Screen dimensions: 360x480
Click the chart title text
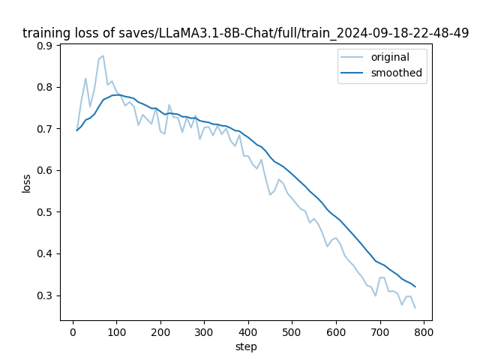point(246,33)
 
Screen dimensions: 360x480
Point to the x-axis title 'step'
point(246,346)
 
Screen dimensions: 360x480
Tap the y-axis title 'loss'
point(26,182)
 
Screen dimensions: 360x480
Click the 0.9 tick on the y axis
point(46,46)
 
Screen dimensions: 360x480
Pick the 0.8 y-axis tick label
point(46,87)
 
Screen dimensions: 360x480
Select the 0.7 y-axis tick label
point(46,129)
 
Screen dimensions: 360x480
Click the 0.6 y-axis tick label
point(46,170)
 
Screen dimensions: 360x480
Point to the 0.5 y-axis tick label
point(46,212)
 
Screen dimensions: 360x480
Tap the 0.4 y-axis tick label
point(46,253)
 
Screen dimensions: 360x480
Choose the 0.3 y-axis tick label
point(46,295)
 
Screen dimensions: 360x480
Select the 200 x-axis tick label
point(160,331)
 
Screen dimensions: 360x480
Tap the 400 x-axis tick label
point(248,331)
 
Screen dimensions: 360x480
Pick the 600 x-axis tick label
point(336,331)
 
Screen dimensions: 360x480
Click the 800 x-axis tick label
point(424,331)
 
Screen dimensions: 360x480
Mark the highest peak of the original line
point(103,55)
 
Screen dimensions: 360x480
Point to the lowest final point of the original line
point(415,307)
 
